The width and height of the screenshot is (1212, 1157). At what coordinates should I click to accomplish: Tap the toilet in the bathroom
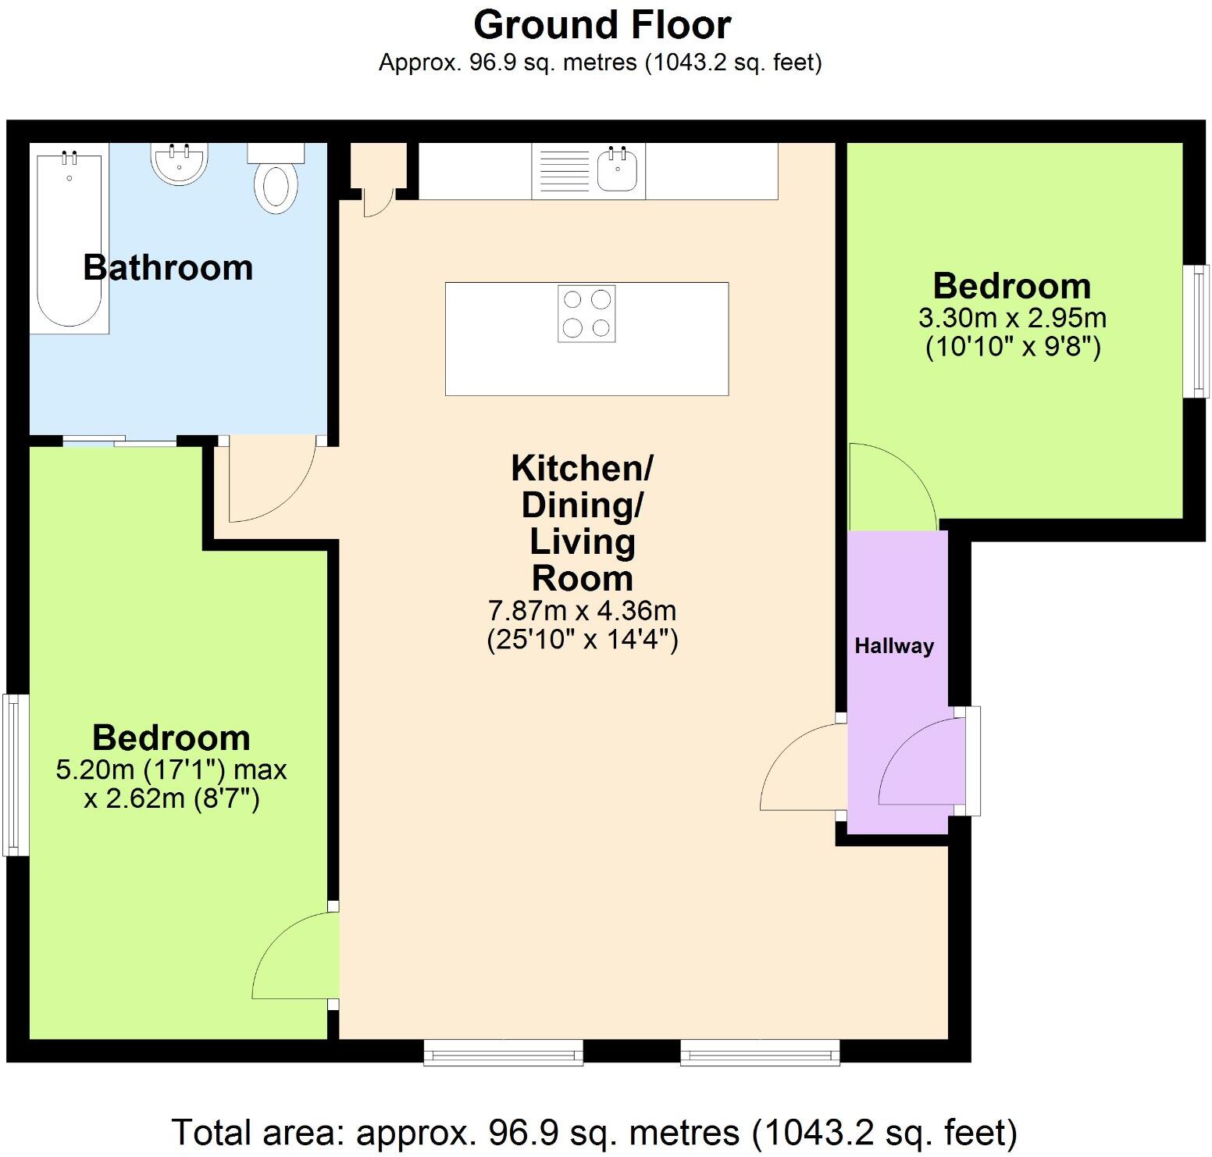[x=276, y=179]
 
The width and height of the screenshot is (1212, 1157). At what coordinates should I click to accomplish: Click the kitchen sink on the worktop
[x=617, y=170]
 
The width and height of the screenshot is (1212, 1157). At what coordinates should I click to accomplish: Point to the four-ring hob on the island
[x=586, y=313]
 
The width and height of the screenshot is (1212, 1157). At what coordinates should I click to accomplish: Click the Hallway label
[x=894, y=646]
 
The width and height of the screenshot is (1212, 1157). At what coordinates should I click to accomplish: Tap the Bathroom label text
[x=168, y=267]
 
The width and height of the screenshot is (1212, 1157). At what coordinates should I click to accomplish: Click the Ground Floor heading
[x=602, y=25]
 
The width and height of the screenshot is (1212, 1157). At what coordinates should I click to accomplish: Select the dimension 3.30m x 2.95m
[x=1012, y=318]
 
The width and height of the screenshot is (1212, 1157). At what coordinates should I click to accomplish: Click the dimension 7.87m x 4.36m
[x=582, y=609]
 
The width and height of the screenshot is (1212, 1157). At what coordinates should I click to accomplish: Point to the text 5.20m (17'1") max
[x=171, y=770]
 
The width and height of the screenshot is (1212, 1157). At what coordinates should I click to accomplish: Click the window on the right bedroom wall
[x=1196, y=331]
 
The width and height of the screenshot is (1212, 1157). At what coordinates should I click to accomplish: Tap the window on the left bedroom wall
[x=16, y=774]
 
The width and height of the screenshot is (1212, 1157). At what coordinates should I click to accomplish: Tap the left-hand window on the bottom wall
[x=504, y=1052]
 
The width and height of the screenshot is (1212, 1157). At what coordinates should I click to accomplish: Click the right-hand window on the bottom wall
[x=760, y=1052]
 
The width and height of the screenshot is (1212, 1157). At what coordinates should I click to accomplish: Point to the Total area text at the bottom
[x=594, y=1132]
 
